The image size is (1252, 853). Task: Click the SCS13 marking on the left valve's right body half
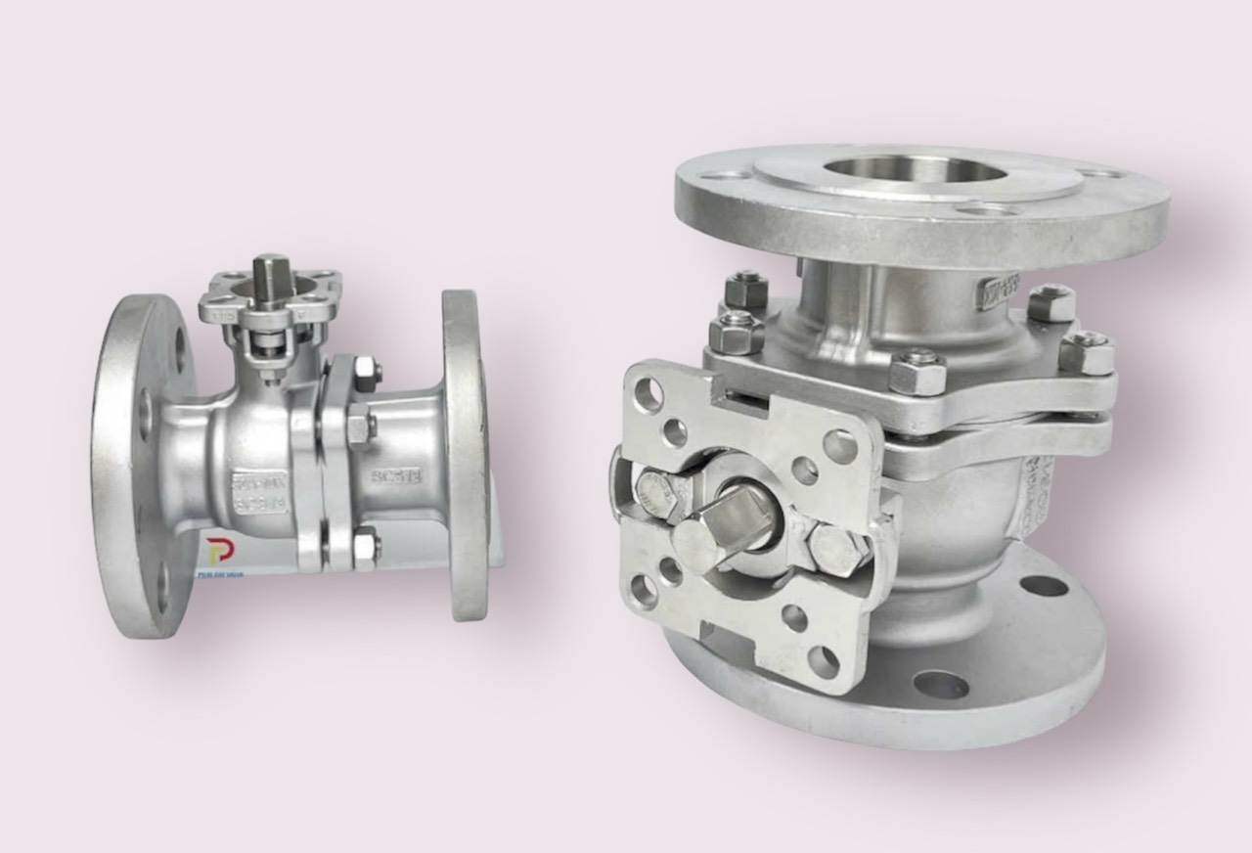[395, 476]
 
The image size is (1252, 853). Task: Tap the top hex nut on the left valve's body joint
[364, 372]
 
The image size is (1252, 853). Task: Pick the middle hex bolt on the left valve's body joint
[358, 426]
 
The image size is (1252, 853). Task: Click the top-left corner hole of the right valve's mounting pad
[647, 393]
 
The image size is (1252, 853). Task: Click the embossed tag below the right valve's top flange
[999, 291]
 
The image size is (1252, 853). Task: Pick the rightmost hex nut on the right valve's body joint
[1088, 353]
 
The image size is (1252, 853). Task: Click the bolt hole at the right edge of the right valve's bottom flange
[1043, 586]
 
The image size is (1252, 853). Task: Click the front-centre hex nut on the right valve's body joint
[917, 373]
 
